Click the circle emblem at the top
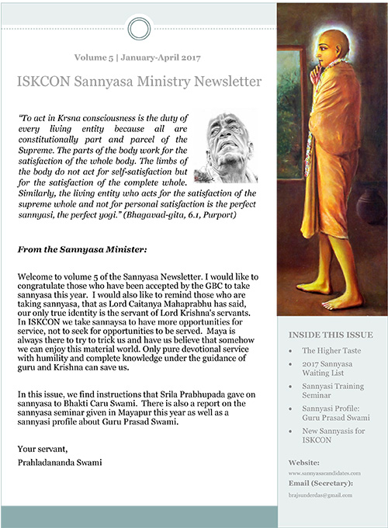click(x=137, y=29)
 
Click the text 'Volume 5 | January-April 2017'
click(x=137, y=57)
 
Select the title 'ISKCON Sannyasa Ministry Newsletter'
click(x=137, y=81)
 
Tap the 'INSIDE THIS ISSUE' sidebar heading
click(x=331, y=335)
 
